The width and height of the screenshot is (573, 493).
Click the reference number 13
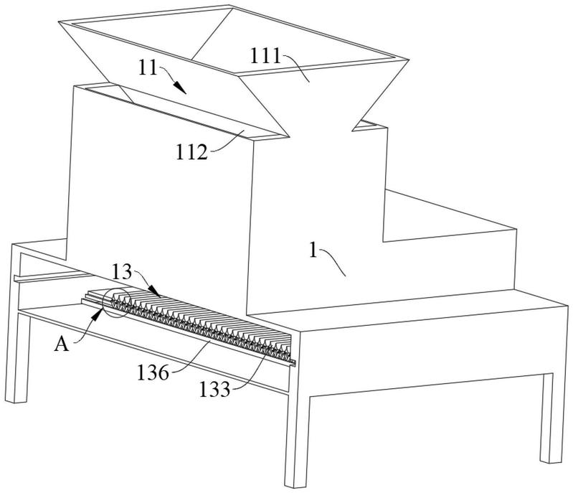tap(123, 272)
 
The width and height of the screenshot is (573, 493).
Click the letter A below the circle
tap(63, 345)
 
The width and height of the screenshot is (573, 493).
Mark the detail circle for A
tap(115, 304)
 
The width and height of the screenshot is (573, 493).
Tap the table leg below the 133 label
tap(297, 438)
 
